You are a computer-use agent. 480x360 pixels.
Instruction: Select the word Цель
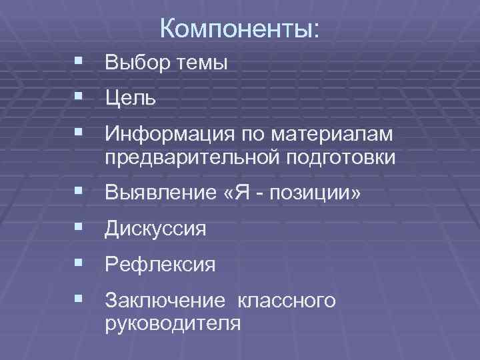[131, 99]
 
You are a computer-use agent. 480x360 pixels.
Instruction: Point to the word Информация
[167, 135]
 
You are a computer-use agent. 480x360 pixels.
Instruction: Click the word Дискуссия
[155, 230]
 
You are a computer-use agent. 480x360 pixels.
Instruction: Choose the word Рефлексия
[160, 265]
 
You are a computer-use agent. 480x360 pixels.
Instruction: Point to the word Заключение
[165, 301]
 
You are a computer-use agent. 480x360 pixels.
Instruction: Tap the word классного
[287, 302]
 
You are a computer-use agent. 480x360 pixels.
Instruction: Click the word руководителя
[172, 323]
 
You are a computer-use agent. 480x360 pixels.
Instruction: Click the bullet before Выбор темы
[80, 62]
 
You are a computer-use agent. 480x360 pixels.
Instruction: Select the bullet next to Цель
[80, 98]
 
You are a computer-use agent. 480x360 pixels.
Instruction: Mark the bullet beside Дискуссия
[80, 229]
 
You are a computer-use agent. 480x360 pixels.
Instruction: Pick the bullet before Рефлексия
[80, 264]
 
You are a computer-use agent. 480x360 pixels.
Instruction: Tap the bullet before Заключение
[80, 300]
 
